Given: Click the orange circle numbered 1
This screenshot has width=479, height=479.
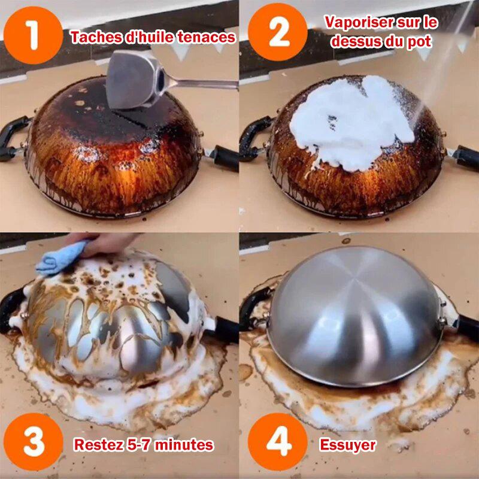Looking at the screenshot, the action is click(34, 35).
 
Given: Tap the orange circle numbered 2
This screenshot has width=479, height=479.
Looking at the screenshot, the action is click(278, 32).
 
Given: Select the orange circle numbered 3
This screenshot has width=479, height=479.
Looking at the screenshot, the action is click(34, 442).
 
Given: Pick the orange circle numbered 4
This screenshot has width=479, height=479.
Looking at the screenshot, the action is click(278, 442).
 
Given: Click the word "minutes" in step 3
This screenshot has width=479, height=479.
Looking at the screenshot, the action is click(184, 444).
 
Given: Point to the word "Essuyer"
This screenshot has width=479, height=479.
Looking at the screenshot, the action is click(348, 445).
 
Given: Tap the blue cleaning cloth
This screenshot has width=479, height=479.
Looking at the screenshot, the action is click(61, 257).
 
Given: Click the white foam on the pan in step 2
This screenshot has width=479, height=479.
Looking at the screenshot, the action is click(351, 122).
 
